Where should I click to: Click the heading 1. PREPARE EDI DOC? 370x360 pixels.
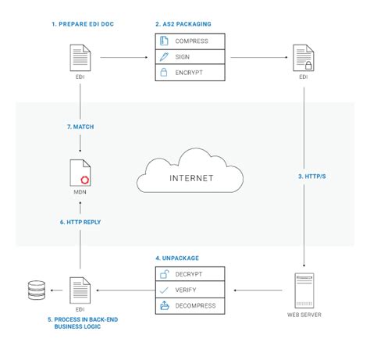83,24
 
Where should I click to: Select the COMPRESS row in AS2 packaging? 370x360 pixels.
190,41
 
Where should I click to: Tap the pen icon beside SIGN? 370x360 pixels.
164,57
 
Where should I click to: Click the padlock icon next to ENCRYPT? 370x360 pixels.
164,72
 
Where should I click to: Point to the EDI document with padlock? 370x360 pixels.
304,58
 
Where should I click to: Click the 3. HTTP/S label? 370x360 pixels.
311,176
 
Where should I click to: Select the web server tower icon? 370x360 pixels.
304,290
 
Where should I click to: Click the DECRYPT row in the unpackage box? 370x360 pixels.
190,274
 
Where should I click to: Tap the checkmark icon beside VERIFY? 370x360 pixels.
164,290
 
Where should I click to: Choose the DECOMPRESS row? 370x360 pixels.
190,306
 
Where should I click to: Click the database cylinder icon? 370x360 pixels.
37,290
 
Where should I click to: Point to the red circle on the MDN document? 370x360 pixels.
85,180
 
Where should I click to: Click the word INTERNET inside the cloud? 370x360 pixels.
191,178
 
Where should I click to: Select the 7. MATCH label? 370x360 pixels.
80,127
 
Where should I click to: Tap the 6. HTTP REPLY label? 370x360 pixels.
80,222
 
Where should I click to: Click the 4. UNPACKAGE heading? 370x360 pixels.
177,258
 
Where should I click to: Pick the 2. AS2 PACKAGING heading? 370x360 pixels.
183,24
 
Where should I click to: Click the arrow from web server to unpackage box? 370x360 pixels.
258,290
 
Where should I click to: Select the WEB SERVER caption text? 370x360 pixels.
304,315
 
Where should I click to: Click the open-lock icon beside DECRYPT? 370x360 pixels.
164,274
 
